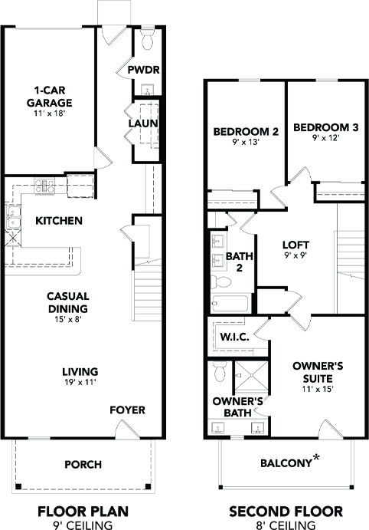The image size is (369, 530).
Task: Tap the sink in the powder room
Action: [148, 90]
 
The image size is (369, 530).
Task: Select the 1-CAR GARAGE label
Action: [49, 97]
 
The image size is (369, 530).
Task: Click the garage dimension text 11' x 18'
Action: [49, 114]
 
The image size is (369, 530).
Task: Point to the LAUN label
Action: [143, 123]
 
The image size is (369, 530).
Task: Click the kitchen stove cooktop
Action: [44, 186]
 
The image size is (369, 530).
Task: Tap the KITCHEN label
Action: [59, 221]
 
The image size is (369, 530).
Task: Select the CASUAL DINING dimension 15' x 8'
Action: [68, 319]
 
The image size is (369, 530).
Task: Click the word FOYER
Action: [128, 410]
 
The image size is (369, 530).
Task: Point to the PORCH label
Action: [83, 465]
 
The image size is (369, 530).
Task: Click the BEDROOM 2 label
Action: [246, 131]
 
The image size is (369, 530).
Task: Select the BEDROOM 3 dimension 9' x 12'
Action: [325, 138]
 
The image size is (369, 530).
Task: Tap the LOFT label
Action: [296, 245]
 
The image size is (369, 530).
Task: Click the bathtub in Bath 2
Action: [230, 304]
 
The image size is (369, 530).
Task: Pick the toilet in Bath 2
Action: [220, 282]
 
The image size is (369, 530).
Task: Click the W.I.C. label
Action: [235, 337]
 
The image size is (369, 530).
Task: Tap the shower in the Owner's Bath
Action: [251, 375]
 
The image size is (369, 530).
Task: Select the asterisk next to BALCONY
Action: [316, 458]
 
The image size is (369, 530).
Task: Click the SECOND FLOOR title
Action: [286, 512]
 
